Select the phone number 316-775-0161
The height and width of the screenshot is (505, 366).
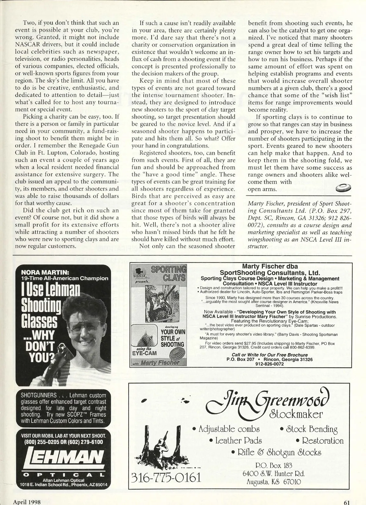[167, 477]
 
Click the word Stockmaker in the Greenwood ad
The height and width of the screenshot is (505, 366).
[296, 414]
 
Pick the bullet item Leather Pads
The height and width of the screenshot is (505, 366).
[235, 440]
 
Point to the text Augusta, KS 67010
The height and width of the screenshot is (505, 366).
[274, 482]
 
